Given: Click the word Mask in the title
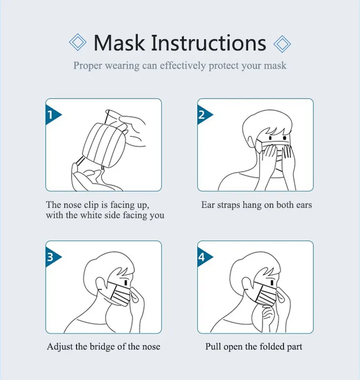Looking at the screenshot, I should (119, 43).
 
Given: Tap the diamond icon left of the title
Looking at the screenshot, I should (77, 43).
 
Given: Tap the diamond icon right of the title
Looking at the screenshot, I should (282, 43).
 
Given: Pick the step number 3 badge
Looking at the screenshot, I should (51, 257).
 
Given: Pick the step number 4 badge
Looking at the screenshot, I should (203, 257).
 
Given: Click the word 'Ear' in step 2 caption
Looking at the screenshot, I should (208, 204).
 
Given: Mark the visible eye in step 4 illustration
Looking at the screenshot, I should (277, 283).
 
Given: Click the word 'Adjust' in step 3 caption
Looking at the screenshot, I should (58, 347).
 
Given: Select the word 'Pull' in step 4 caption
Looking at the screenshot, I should (213, 347).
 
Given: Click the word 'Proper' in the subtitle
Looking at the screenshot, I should (87, 65).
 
